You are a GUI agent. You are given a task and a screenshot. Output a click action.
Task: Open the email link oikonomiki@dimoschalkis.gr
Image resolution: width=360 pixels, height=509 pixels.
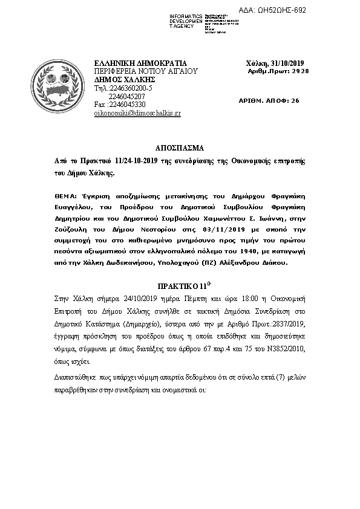coord(138,113)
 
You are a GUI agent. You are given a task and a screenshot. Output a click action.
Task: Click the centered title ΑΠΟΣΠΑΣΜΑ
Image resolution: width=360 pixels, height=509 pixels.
coord(180,148)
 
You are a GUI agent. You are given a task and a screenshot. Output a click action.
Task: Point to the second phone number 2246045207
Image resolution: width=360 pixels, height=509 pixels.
coord(126,96)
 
